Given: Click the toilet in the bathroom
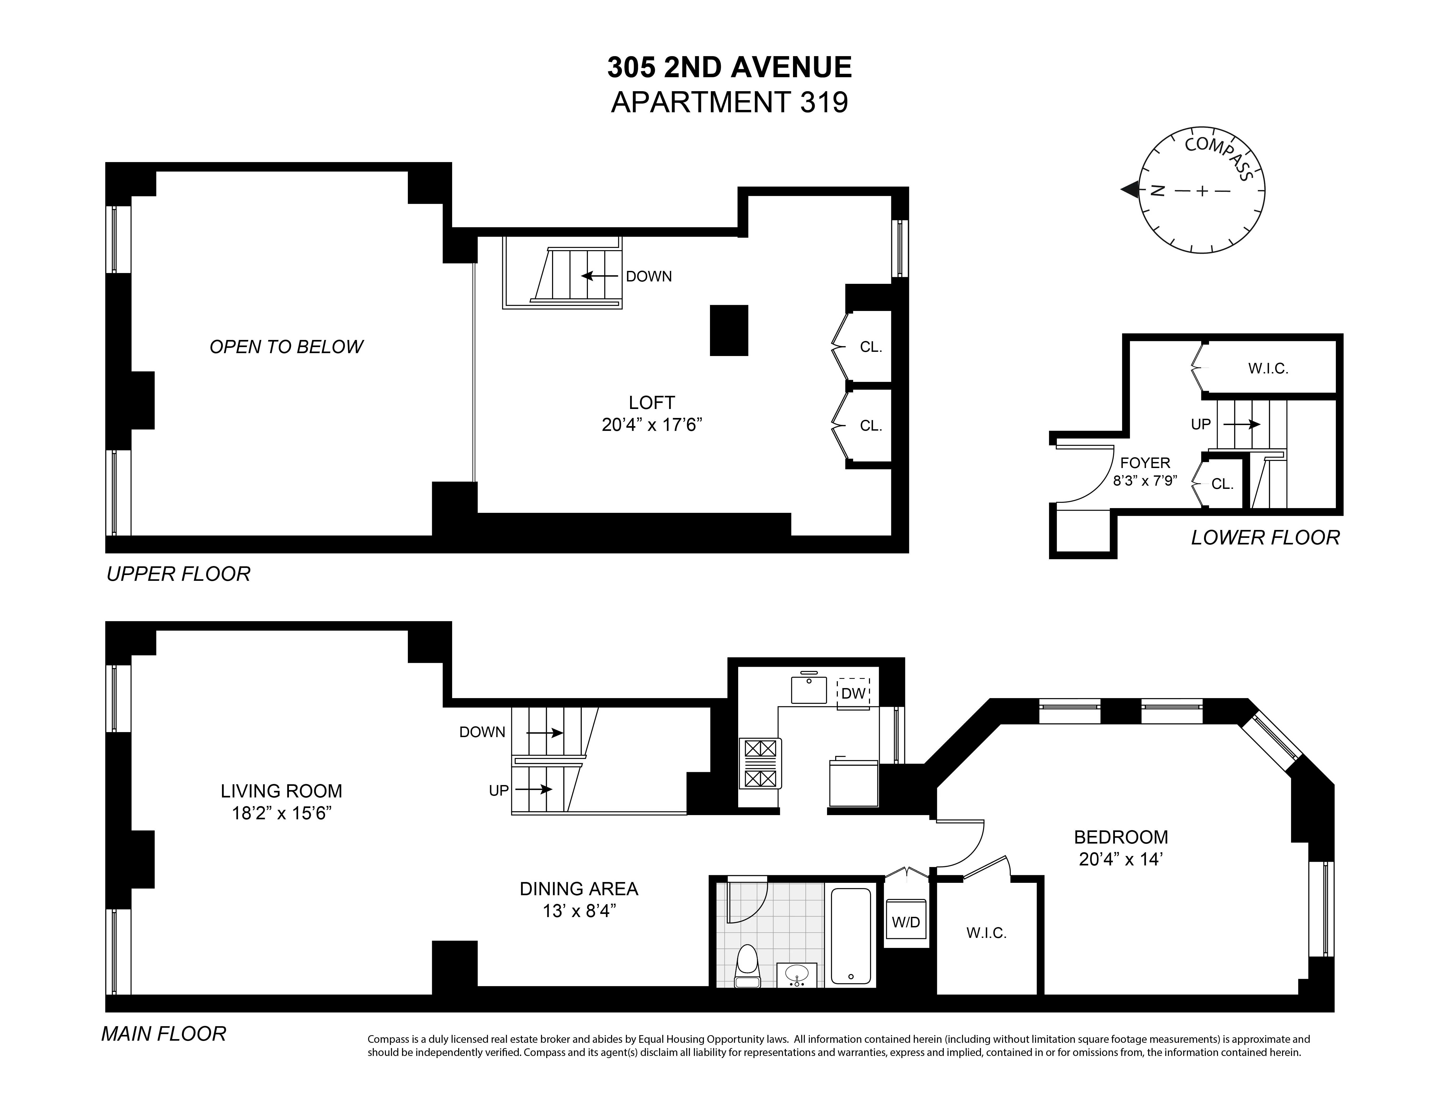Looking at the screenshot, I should [748, 967].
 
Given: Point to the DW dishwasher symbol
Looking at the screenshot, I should [853, 693].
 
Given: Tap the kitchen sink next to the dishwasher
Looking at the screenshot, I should [809, 690].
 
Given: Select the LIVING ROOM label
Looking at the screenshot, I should [282, 791].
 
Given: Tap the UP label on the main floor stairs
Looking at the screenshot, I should [499, 790].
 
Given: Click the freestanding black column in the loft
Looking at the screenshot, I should [729, 330].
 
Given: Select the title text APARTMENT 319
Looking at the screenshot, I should [729, 103].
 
